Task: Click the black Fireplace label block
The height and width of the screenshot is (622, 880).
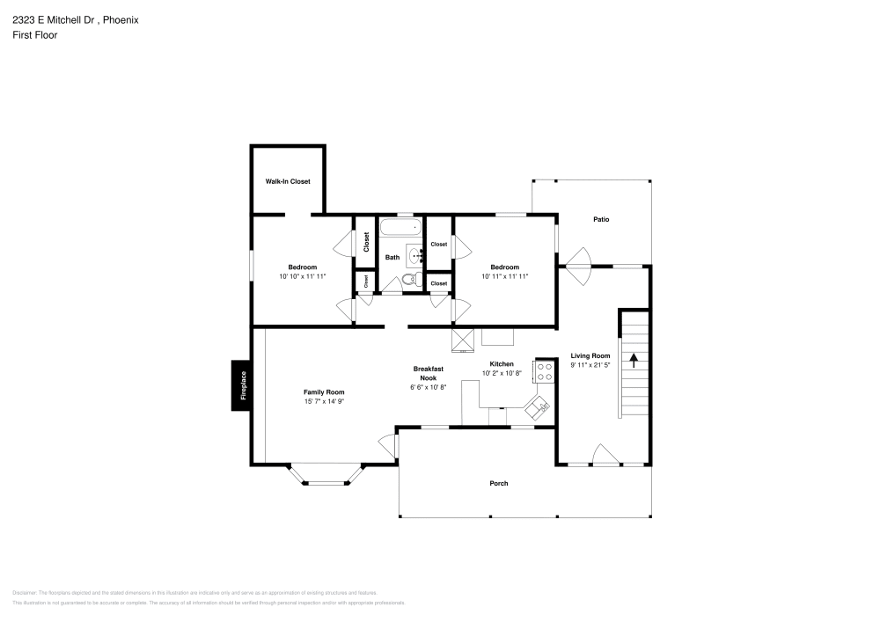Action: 244,385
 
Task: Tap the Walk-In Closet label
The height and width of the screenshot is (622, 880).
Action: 288,181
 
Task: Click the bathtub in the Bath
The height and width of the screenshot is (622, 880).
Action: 400,228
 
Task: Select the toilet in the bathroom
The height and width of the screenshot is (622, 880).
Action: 407,281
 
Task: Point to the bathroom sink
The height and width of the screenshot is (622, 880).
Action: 414,256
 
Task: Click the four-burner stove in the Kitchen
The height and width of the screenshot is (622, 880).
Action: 545,371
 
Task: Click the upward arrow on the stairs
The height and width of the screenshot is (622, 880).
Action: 633,361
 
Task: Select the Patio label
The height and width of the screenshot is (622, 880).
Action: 601,219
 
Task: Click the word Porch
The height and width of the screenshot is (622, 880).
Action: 499,483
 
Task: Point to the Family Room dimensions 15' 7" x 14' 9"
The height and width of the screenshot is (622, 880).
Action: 324,402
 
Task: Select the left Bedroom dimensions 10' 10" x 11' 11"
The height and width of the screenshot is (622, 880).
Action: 302,276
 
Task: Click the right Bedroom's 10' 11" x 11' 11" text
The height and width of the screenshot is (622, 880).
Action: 504,276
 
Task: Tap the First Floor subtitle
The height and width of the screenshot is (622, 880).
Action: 35,35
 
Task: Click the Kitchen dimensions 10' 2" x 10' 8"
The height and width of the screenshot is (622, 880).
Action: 501,373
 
